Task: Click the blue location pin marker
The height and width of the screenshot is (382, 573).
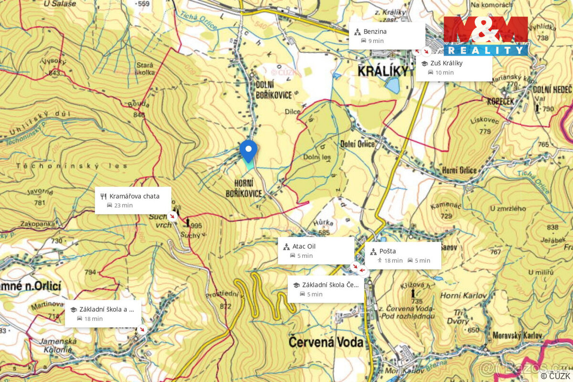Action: pos(248,150)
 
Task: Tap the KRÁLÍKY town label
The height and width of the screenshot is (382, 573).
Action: pos(383,72)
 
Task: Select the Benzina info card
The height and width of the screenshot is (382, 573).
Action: pos(386,36)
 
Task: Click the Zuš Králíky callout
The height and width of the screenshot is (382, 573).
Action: pos(454,67)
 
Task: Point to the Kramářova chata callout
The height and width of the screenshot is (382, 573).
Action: pos(133,201)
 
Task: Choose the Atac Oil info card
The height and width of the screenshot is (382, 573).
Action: pos(316,251)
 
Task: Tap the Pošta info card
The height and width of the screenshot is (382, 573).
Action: pos(403,255)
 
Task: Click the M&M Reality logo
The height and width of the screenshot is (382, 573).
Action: pos(486,36)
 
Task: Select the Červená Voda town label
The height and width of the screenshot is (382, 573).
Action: pos(326,342)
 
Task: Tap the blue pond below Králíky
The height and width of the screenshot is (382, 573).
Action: pos(393,86)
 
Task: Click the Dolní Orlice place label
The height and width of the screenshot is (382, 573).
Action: pos(358,144)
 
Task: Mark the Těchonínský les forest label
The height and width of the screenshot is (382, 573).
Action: pos(72,166)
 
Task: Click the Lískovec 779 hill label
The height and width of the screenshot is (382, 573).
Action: pos(485,126)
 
